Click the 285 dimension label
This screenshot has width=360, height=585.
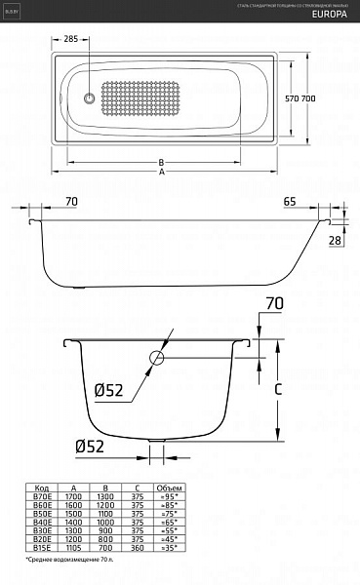point(69,41)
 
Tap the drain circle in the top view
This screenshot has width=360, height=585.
point(89,98)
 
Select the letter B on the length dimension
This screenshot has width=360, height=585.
point(160,163)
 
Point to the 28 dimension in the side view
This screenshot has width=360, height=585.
point(335,239)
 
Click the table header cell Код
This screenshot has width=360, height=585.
point(42,487)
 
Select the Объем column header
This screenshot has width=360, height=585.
point(169,487)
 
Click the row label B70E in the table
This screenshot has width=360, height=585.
point(42,496)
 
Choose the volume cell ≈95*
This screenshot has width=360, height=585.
point(169,496)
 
